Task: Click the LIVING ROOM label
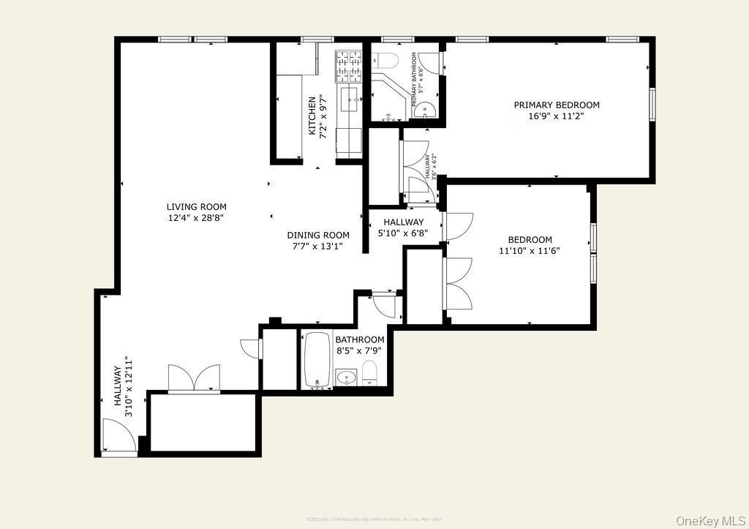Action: click(196, 207)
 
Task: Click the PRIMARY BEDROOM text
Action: click(556, 105)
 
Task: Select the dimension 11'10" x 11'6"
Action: click(530, 251)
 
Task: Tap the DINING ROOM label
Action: click(317, 235)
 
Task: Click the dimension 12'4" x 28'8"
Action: click(196, 218)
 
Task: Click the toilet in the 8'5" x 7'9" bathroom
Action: click(369, 372)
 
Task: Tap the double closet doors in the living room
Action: click(194, 378)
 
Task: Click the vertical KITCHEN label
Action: click(312, 116)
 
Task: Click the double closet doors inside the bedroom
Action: click(457, 285)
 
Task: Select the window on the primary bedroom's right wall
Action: click(652, 103)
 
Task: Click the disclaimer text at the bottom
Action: click(374, 519)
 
